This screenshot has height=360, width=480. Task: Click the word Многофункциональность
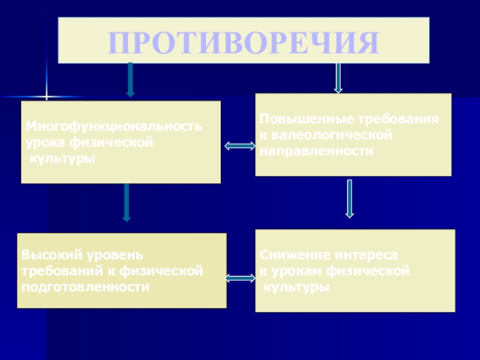click(x=113, y=128)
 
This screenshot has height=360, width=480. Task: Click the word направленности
click(x=317, y=151)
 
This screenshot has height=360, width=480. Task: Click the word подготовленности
click(x=85, y=286)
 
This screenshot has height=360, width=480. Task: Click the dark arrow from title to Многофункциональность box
click(x=130, y=79)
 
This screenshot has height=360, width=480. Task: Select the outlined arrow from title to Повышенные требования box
click(x=338, y=78)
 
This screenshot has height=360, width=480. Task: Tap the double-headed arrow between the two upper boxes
click(x=239, y=146)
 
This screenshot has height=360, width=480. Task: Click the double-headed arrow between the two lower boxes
click(x=240, y=278)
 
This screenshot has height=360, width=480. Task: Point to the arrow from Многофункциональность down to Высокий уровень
click(x=127, y=202)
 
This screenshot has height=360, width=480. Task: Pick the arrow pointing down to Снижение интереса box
click(x=350, y=199)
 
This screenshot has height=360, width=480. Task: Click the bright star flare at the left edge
click(x=47, y=97)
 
